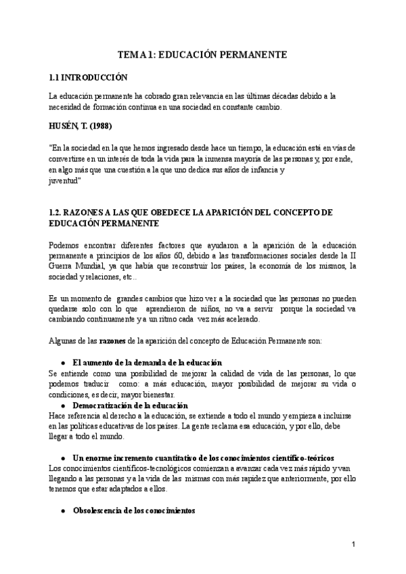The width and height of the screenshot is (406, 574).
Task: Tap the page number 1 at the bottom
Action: tap(353, 544)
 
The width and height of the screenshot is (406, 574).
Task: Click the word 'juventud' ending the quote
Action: tap(65, 181)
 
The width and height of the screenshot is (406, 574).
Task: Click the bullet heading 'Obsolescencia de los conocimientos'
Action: tap(133, 510)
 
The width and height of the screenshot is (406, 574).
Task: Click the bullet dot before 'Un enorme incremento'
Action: tap(63, 458)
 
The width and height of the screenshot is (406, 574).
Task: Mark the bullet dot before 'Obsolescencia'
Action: tap(63, 510)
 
